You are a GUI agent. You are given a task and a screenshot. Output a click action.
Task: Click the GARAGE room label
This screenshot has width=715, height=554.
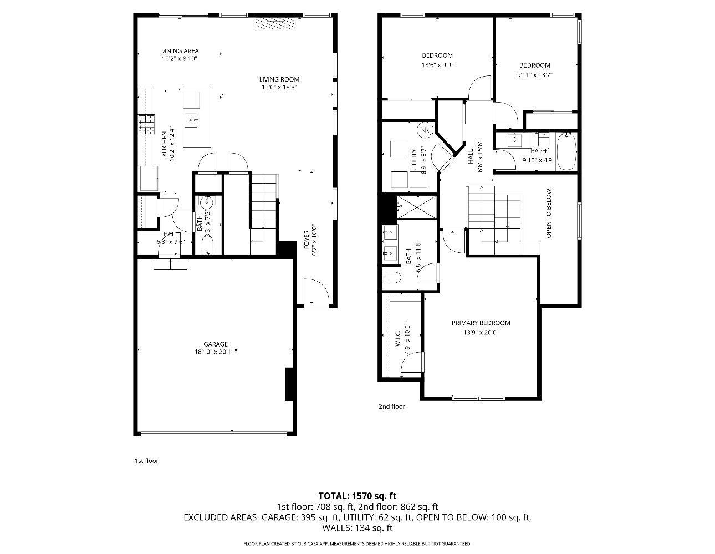(216, 344)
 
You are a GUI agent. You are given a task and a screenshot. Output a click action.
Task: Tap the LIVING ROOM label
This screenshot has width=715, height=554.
(279, 79)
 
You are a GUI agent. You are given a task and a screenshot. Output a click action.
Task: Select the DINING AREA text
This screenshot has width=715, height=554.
(180, 51)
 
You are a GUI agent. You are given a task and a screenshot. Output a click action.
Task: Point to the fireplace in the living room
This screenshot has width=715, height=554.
(275, 23)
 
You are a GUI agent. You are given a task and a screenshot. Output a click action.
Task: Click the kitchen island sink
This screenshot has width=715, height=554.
(191, 120)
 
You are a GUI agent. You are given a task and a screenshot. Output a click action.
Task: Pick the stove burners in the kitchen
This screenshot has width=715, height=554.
(146, 124)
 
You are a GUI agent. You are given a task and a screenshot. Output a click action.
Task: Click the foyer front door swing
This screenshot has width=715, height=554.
(316, 293)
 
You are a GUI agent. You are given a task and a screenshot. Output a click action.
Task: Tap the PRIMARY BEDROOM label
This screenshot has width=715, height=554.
(481, 323)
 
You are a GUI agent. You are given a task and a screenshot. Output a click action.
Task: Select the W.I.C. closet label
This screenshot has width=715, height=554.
(397, 339)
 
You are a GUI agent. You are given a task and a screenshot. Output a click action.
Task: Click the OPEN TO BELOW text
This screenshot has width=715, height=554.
(548, 214)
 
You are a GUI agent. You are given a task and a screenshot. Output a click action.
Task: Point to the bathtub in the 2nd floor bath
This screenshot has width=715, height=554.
(566, 151)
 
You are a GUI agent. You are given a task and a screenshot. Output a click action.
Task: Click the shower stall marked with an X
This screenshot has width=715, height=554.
(417, 207)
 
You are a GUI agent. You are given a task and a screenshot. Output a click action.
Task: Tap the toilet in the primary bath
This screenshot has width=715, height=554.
(391, 277)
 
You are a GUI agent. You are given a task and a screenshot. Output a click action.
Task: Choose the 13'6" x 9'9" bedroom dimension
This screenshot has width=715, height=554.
(437, 65)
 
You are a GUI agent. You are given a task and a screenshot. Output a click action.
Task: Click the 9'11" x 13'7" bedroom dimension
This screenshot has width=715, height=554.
(535, 75)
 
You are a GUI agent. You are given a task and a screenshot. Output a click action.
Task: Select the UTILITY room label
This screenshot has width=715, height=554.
(414, 160)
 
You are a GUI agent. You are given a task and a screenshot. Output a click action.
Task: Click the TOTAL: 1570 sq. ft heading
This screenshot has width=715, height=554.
(357, 496)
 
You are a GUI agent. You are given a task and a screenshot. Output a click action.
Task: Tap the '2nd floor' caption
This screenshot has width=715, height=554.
(391, 406)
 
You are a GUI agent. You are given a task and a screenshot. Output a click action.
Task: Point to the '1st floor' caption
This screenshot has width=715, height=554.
(146, 461)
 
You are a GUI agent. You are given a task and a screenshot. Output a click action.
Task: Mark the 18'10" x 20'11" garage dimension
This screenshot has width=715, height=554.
(216, 352)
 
